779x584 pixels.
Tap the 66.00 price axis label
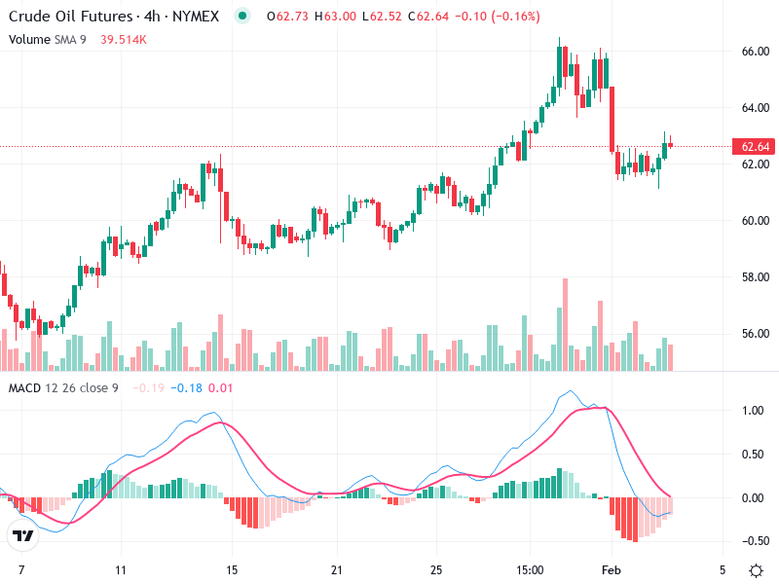click(755, 51)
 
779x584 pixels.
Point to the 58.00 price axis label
click(755, 276)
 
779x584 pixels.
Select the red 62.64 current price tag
click(756, 147)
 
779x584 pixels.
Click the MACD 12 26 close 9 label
click(63, 388)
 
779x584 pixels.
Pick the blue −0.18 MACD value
click(187, 388)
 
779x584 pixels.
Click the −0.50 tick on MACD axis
click(752, 541)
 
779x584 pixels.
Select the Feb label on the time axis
click(611, 568)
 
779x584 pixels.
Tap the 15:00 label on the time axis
click(530, 568)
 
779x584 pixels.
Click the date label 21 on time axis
click(336, 568)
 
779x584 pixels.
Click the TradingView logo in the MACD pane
click(22, 535)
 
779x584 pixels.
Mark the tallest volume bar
click(564, 324)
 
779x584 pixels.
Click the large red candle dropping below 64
click(612, 117)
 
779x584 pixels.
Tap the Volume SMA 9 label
click(49, 39)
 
